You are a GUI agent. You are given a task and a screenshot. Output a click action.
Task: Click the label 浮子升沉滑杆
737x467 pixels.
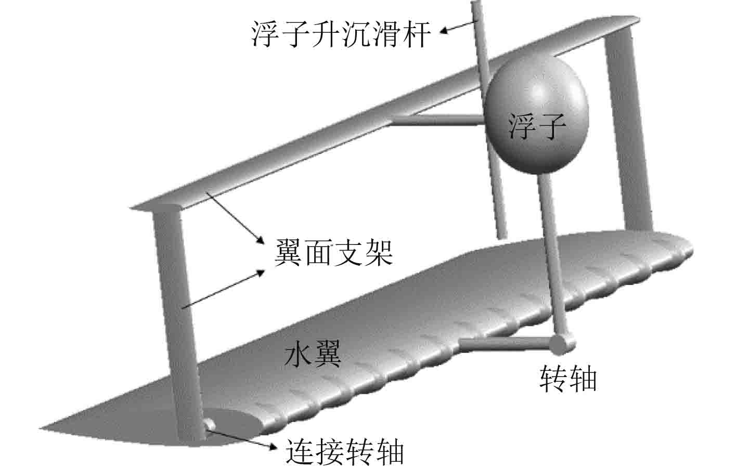pyautogui.click(x=341, y=34)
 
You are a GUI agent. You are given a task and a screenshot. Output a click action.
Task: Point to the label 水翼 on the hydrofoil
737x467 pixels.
pyautogui.click(x=313, y=355)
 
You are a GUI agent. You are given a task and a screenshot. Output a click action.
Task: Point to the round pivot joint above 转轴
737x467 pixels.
pyautogui.click(x=562, y=342)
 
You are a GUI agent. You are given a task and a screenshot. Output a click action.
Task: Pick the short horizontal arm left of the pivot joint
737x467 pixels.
pyautogui.click(x=505, y=343)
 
